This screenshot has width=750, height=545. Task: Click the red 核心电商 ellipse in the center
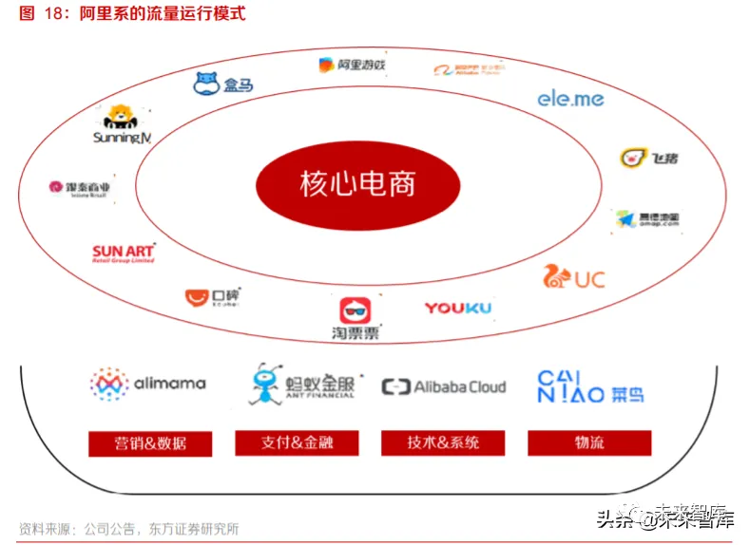357,183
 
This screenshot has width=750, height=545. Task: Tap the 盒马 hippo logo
223,85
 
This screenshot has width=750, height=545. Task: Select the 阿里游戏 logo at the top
352,65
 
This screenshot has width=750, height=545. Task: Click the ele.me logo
570,98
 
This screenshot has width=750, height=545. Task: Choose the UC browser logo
573,278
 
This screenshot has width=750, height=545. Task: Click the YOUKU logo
457,308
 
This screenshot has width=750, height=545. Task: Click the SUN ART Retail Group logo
124,254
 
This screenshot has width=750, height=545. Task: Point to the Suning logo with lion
123,125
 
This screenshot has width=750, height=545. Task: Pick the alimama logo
147,384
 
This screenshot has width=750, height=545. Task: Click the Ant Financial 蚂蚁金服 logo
301,384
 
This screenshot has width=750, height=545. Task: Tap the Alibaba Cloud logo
444,386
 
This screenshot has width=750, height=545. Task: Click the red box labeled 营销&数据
150,443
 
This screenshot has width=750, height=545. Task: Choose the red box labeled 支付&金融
297,442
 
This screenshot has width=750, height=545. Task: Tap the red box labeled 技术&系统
443,442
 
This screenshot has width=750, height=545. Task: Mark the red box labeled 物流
589,442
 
